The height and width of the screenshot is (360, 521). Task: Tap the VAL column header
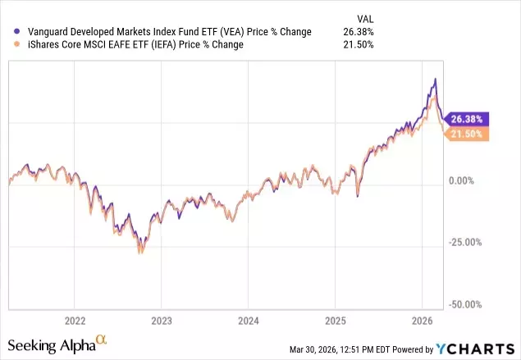click(x=363, y=17)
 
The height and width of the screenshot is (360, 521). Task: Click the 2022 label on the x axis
click(x=75, y=320)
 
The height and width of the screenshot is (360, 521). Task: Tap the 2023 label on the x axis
click(x=162, y=320)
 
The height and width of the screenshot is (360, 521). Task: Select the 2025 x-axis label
click(x=335, y=320)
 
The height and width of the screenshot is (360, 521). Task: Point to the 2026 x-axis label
click(x=422, y=320)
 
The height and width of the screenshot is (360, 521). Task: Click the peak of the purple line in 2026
click(x=435, y=79)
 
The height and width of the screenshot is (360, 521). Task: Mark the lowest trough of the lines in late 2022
click(x=139, y=253)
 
